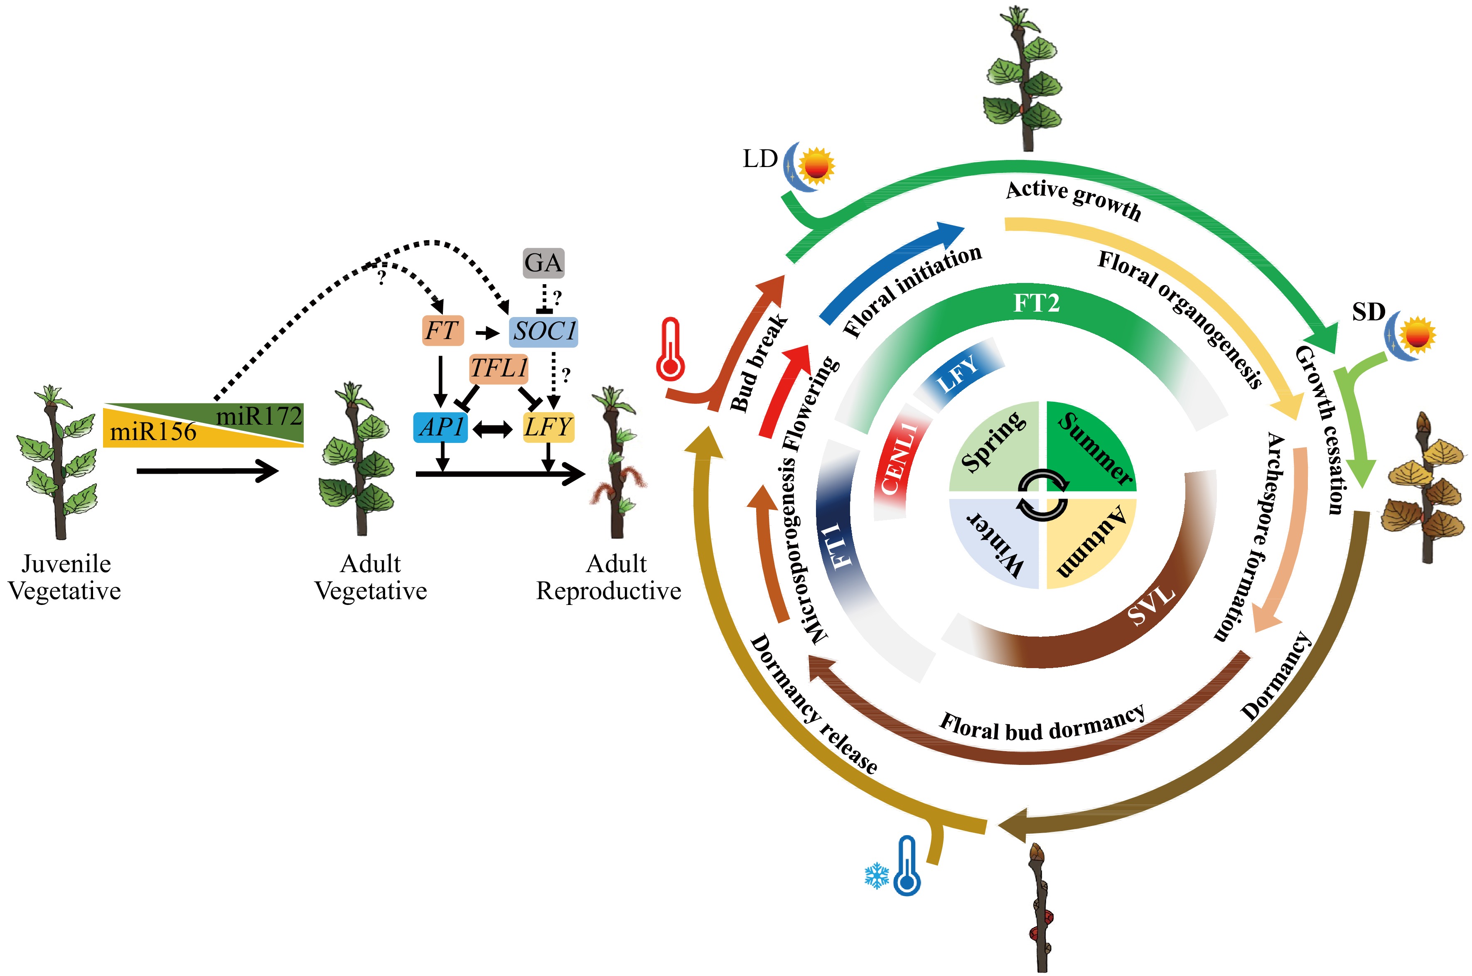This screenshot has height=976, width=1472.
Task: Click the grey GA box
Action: click(543, 263)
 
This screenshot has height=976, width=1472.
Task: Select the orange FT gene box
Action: click(441, 330)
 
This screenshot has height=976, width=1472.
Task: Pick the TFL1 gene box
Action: click(499, 369)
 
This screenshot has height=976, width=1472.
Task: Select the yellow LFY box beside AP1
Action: click(548, 427)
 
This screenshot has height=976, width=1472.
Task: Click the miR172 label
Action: click(259, 416)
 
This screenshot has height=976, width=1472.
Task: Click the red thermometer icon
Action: click(670, 350)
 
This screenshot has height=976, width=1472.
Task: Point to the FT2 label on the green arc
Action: click(1036, 304)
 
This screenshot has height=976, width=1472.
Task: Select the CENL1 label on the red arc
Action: click(899, 458)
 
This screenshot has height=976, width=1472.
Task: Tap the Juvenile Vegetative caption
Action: click(65, 577)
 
